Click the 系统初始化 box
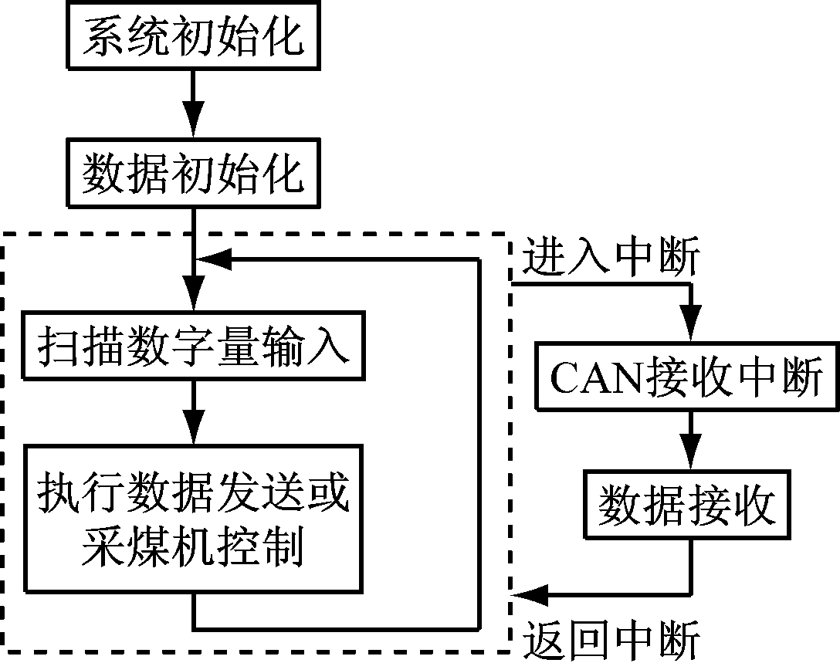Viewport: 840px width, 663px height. tap(193, 36)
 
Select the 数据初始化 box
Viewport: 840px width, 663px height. tap(193, 174)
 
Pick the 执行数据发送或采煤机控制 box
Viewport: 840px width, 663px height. tap(193, 518)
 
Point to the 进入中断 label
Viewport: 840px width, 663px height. tap(611, 259)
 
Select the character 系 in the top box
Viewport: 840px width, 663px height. tap(101, 36)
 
